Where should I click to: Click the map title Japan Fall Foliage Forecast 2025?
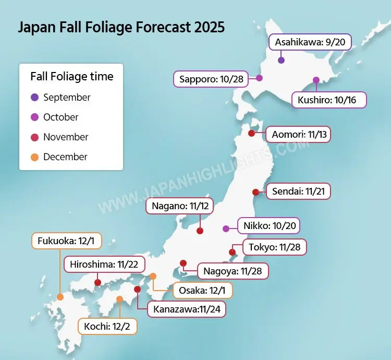pyautogui.click(x=121, y=27)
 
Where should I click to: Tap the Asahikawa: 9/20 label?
pyautogui.click(x=303, y=41)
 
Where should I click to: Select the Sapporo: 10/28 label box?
pyautogui.click(x=211, y=79)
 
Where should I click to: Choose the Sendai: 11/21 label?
pyautogui.click(x=298, y=191)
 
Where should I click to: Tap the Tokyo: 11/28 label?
pyautogui.click(x=275, y=247)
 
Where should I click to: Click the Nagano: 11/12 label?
pyautogui.click(x=180, y=206)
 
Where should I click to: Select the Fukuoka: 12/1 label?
pyautogui.click(x=66, y=241)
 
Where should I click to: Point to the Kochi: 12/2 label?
pyautogui.click(x=107, y=327)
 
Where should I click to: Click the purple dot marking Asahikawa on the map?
pyautogui.click(x=281, y=61)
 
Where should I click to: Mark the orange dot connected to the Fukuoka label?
pyautogui.click(x=60, y=297)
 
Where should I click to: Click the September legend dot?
pyautogui.click(x=35, y=98)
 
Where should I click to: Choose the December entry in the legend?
pyautogui.click(x=65, y=157)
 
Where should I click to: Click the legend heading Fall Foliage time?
pyautogui.click(x=71, y=77)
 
